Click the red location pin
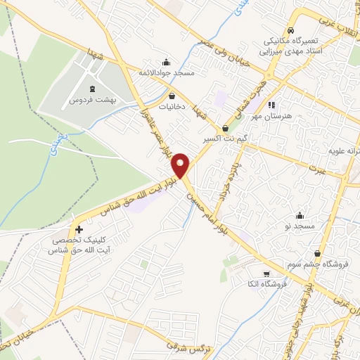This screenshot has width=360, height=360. [x=181, y=165]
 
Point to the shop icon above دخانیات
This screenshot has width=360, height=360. [x=172, y=96]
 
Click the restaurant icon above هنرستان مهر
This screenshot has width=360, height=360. [x=271, y=105]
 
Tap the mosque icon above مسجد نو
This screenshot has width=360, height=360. [x=300, y=215]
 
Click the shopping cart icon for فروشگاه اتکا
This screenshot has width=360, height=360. [x=266, y=274]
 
